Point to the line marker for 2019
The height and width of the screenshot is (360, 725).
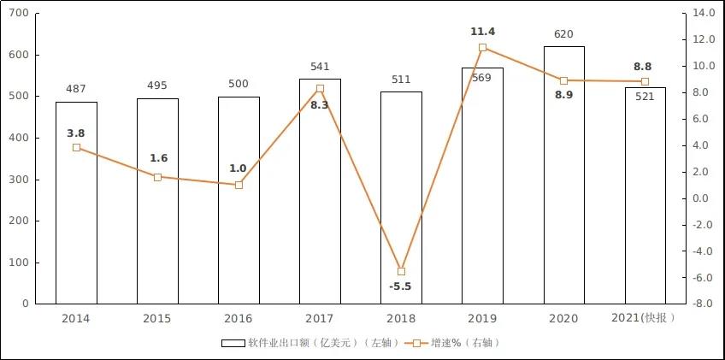pyautogui.click(x=482, y=48)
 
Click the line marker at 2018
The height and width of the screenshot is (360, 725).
pyautogui.click(x=401, y=271)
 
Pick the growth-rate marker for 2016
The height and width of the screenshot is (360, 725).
pyautogui.click(x=239, y=185)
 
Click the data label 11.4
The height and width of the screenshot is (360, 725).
pyautogui.click(x=483, y=32)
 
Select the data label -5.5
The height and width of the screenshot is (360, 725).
pyautogui.click(x=400, y=286)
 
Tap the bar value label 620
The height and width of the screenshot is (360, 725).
pyautogui.click(x=563, y=34)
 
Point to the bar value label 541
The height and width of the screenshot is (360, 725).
pyautogui.click(x=320, y=67)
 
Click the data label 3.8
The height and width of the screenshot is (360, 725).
pyautogui.click(x=76, y=133)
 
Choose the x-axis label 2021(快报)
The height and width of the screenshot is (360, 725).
pyautogui.click(x=645, y=318)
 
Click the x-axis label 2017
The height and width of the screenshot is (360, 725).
pyautogui.click(x=320, y=318)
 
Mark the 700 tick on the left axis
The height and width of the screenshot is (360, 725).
pyautogui.click(x=19, y=14)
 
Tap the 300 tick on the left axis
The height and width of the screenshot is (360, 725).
pyautogui.click(x=19, y=180)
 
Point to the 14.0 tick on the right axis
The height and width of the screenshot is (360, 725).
pyautogui.click(x=704, y=14)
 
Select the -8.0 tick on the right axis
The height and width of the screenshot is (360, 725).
pyautogui.click(x=704, y=304)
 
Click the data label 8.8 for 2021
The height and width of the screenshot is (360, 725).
pyautogui.click(x=645, y=65)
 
